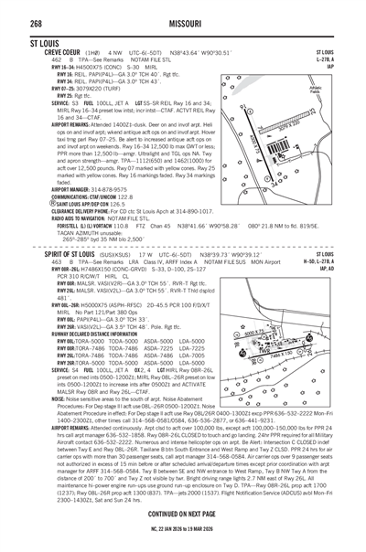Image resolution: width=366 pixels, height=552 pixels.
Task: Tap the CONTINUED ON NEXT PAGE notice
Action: pyautogui.click(x=182, y=515)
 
